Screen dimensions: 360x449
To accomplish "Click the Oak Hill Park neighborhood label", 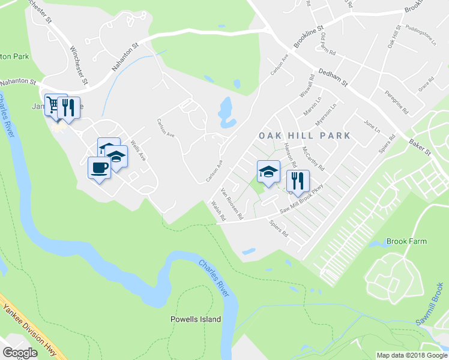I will tap(304, 136).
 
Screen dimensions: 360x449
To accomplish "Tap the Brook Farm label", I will tap(406, 241).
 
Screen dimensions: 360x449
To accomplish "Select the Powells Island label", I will tap(196, 319).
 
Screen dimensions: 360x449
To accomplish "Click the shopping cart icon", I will tap(53, 106).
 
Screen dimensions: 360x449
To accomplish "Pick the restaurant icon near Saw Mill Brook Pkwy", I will tap(298, 179).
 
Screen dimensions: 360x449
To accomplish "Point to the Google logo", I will tap(20, 353).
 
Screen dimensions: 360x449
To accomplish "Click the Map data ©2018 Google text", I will tap(412, 355).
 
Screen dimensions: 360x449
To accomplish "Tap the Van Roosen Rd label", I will tap(231, 203).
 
